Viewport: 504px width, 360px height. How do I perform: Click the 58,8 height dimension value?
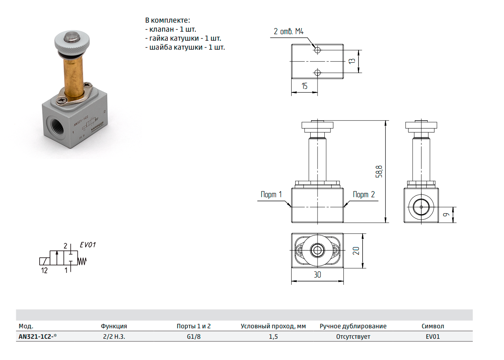(x=379, y=172)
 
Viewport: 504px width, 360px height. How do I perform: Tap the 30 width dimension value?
(x=317, y=275)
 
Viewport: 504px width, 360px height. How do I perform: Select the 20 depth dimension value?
(x=356, y=251)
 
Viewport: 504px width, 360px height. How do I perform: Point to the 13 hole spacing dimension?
(x=352, y=61)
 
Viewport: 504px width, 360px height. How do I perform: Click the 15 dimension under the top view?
(x=305, y=86)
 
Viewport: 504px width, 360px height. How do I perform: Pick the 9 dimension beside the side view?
(x=446, y=215)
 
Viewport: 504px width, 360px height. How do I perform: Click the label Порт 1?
(x=271, y=195)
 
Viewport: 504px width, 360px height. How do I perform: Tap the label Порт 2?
(x=364, y=195)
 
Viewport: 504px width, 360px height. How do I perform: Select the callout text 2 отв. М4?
(x=289, y=31)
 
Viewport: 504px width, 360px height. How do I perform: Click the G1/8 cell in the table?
(x=194, y=337)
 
